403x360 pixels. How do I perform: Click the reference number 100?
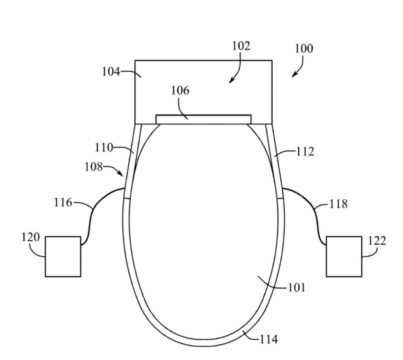[x=304, y=48]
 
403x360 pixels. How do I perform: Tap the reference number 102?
[x=241, y=46]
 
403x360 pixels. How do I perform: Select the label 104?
[x=111, y=71]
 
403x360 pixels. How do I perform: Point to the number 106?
[x=180, y=91]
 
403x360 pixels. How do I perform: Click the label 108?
[x=94, y=167]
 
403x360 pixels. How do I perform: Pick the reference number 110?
[x=104, y=148]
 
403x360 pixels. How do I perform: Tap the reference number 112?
[x=305, y=152]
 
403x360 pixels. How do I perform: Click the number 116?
[x=63, y=202]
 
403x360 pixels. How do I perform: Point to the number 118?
[x=338, y=204]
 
